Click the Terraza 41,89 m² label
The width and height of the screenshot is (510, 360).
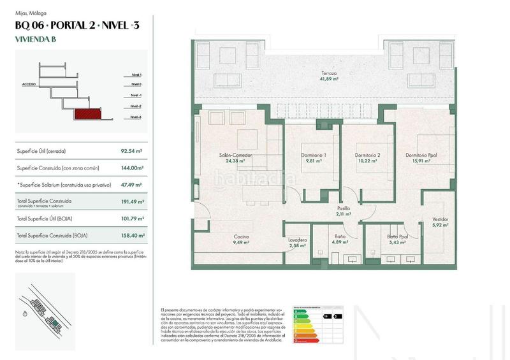point(329,76)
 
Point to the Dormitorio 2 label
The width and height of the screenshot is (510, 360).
point(367,158)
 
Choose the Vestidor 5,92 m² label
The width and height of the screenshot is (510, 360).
point(440,222)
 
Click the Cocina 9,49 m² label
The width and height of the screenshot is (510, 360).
point(240,240)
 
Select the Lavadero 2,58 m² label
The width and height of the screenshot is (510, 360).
point(298,243)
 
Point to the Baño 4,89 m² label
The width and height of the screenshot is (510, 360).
point(340,240)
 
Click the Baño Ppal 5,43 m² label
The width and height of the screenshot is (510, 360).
point(397,240)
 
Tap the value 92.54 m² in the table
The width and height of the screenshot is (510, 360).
point(132,151)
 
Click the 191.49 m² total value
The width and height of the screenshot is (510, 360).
point(132,201)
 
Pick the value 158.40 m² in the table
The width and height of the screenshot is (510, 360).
point(132,235)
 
